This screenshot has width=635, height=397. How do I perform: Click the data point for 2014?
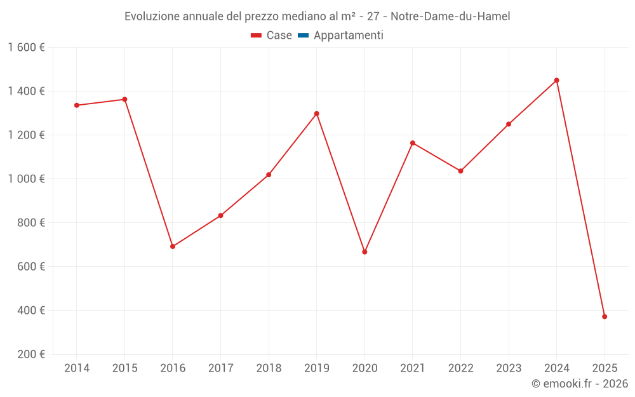click(x=77, y=105)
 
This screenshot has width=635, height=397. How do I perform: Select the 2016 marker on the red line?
click(x=173, y=246)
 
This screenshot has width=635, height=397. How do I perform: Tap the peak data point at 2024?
click(x=557, y=80)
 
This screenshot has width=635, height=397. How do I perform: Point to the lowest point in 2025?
click(x=605, y=316)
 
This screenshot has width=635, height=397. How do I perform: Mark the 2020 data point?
click(x=364, y=252)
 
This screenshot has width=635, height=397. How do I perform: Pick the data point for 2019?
click(x=317, y=114)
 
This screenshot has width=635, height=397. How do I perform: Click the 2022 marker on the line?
click(x=460, y=171)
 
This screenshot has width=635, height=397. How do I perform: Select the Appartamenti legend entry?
click(x=348, y=36)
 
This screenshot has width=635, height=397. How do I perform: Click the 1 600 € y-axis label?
click(x=27, y=48)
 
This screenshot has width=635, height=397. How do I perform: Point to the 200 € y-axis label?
click(x=30, y=354)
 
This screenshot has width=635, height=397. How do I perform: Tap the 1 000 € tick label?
click(x=27, y=179)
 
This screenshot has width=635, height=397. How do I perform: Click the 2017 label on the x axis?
click(x=220, y=368)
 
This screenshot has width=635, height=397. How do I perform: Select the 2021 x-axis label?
click(x=413, y=368)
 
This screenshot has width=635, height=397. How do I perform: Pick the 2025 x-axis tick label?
click(x=605, y=368)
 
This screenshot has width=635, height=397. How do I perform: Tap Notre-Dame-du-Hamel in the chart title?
click(x=450, y=17)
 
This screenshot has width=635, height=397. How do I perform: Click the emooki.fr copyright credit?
click(x=580, y=384)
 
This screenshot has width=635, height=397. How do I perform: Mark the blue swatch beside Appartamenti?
click(x=303, y=36)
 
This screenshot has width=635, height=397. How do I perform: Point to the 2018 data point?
click(x=269, y=175)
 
